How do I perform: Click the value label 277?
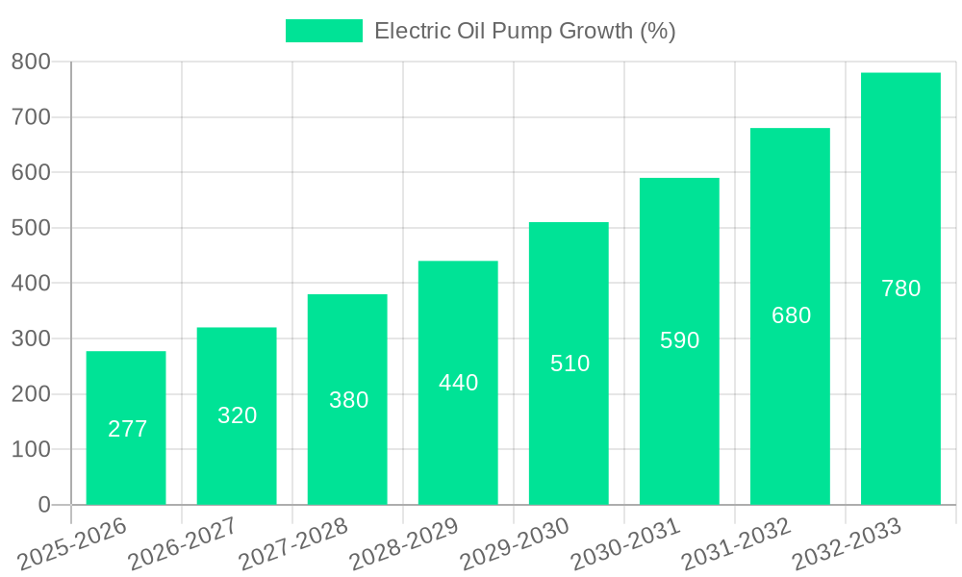pyautogui.click(x=128, y=429)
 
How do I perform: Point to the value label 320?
pyautogui.click(x=238, y=415)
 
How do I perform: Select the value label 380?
pyautogui.click(x=348, y=400)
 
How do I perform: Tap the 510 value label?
pyautogui.click(x=570, y=364)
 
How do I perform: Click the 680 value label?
pyautogui.click(x=791, y=315)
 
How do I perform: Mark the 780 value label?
pyautogui.click(x=901, y=288)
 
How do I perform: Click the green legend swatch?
pyautogui.click(x=324, y=31)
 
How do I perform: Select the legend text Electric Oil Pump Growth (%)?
pyautogui.click(x=524, y=31)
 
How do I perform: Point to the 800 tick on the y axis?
pyautogui.click(x=31, y=63)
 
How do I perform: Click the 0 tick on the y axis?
pyautogui.click(x=44, y=505)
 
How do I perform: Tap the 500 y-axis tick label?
pyautogui.click(x=31, y=228)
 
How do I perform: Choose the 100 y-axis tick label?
pyautogui.click(x=31, y=449)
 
